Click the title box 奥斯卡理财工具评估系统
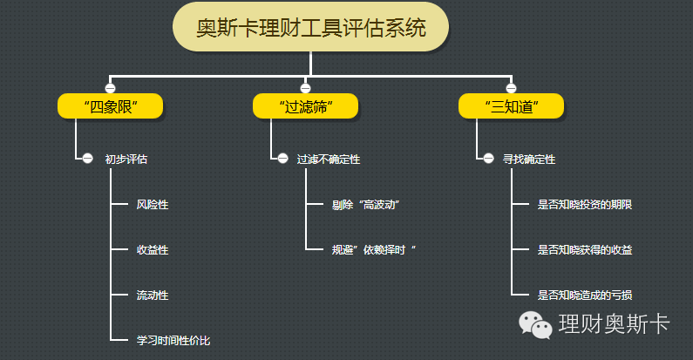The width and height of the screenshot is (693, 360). [310, 27]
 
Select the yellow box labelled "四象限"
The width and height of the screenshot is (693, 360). [111, 106]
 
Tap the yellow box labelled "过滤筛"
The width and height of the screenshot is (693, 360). [305, 106]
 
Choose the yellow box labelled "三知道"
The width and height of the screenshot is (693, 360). [512, 106]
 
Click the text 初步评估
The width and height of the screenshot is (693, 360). [126, 159]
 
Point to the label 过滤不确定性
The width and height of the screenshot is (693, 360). [329, 159]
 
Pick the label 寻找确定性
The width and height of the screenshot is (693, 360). [529, 159]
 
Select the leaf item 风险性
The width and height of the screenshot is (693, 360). [153, 205]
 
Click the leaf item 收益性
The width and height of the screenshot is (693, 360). [153, 250]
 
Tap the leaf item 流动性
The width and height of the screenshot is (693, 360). [153, 295]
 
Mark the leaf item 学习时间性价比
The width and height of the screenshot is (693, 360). [173, 341]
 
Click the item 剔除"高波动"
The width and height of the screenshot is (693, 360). [366, 205]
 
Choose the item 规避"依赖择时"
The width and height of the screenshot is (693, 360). [374, 250]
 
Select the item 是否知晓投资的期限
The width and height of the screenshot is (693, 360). [585, 205]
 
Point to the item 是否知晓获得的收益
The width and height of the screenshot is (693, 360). [585, 250]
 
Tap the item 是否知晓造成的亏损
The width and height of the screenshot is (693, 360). [585, 295]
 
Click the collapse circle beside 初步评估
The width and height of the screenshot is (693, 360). [87, 158]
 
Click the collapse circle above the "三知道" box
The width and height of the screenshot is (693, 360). [511, 88]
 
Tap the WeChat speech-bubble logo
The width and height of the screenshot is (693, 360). [535, 324]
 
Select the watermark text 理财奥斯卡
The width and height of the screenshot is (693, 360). [615, 324]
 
